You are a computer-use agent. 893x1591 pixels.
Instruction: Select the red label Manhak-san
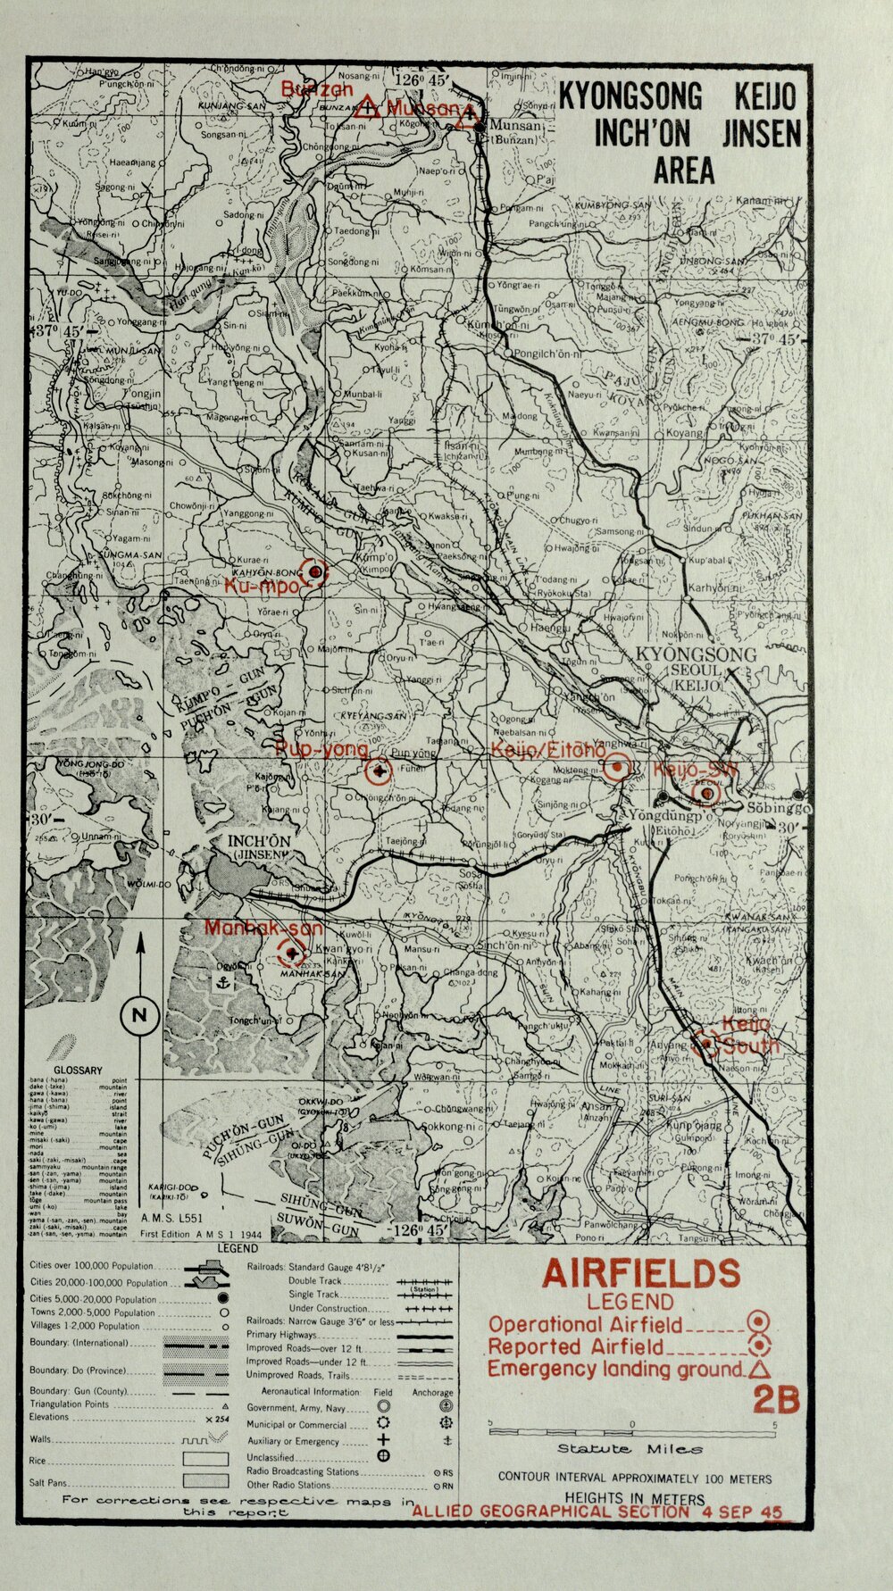coord(263,928)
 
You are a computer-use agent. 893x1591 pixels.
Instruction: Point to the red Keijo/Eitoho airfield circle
coord(617,767)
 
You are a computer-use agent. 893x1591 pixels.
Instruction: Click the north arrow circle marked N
coord(139,1014)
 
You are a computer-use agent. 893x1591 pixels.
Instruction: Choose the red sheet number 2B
coord(774,1400)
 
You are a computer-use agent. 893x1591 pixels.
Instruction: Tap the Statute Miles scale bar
coord(631,1431)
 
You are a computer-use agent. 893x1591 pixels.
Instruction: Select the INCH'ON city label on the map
coord(258,841)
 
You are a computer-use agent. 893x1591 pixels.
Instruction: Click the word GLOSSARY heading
coord(79,1070)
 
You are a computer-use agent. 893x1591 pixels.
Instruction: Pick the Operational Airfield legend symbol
coord(758,1322)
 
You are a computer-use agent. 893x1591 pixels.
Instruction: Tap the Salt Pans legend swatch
coord(205,1480)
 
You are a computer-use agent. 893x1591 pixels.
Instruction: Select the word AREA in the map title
coord(684,170)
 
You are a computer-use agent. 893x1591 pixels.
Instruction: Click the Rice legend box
coord(205,1459)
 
